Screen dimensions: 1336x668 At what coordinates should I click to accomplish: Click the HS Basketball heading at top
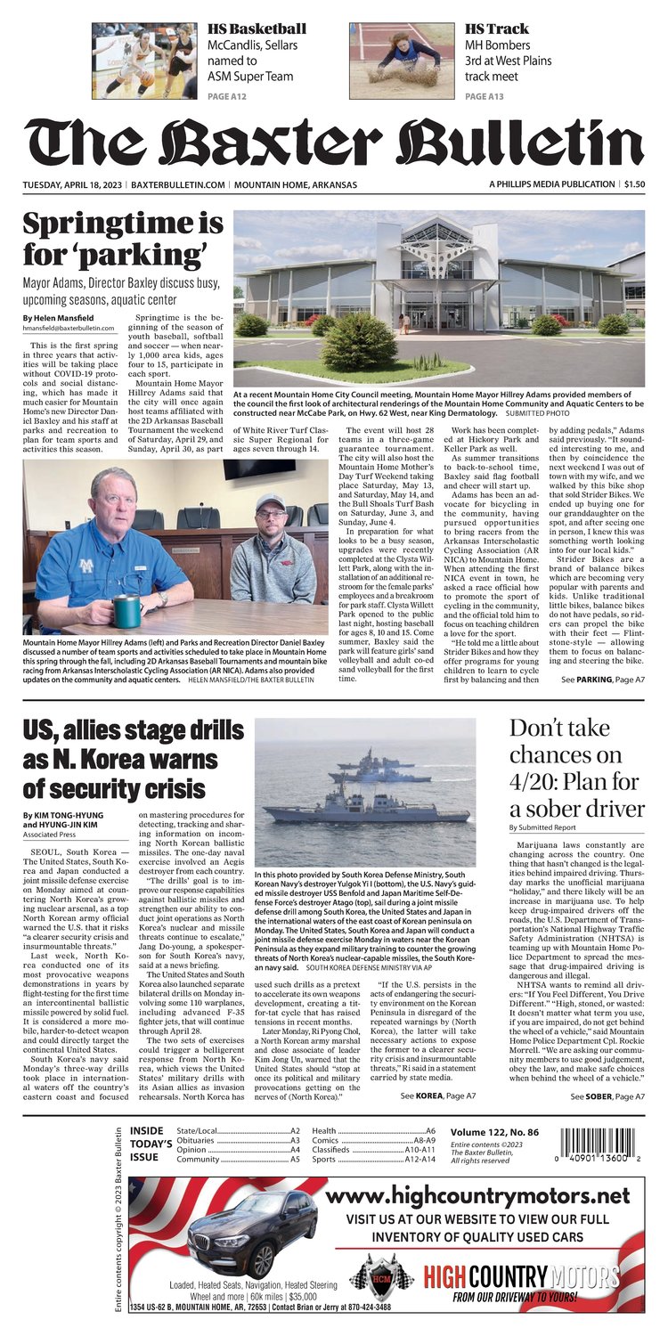coord(257,29)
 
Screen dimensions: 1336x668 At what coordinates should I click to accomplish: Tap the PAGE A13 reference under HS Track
coord(487,95)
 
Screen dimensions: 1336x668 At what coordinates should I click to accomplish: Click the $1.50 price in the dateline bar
coord(634,184)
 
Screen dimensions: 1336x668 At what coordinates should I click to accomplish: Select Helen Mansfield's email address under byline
coord(76,329)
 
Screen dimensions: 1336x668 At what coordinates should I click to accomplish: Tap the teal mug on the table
coord(126,611)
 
